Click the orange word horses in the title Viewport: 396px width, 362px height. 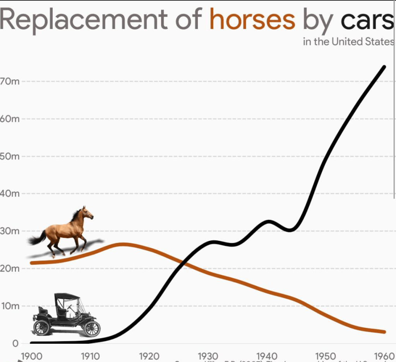coord(252,19)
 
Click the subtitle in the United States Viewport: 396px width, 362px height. coord(348,42)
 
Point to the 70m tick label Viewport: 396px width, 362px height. coord(9,82)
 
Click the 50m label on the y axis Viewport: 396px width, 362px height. coord(10,156)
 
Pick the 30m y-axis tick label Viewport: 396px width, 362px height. coord(10,231)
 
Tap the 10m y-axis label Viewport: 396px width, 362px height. coord(10,306)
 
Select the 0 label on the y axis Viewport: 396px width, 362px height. coord(15,343)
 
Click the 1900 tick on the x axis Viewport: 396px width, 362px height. coord(31,356)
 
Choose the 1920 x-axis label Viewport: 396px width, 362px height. coord(149,356)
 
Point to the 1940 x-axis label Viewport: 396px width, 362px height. coord(267,356)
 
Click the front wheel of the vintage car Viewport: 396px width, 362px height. coord(92,329)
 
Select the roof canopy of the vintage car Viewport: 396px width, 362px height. coord(67,297)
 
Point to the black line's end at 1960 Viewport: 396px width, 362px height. coord(384,67)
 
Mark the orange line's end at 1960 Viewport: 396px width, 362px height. coord(384,332)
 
